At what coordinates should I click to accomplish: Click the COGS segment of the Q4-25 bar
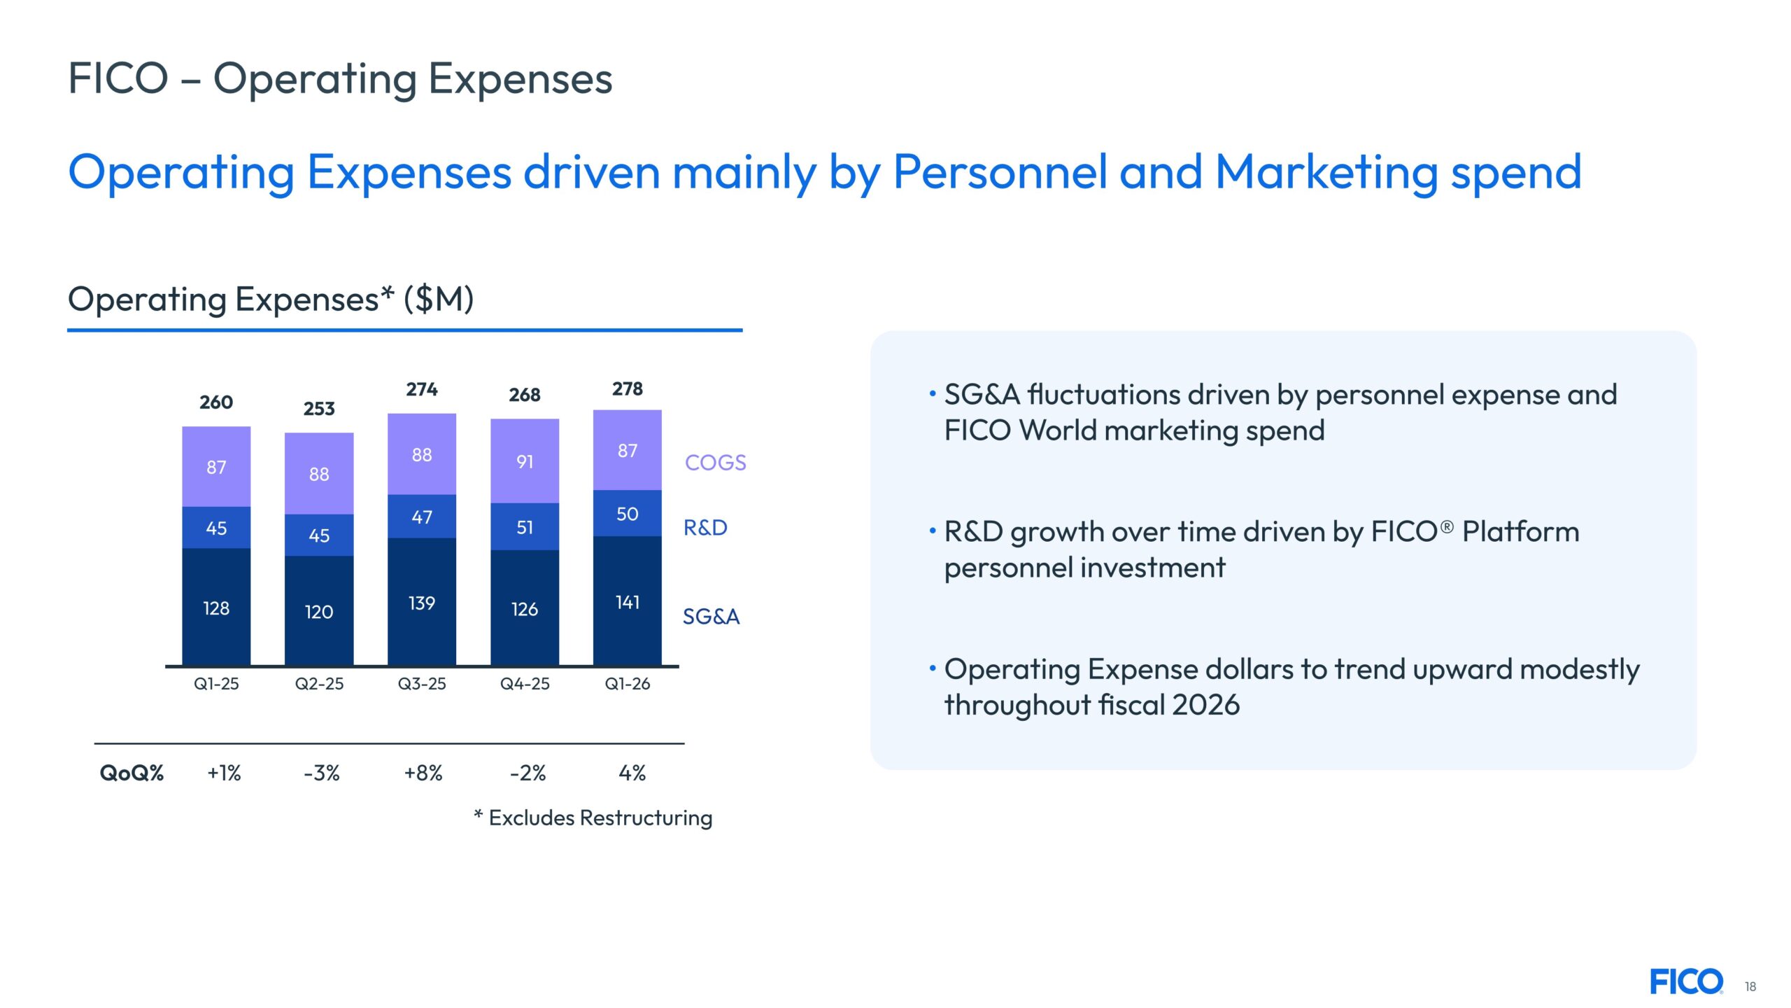525,461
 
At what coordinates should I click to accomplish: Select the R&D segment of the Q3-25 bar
422,517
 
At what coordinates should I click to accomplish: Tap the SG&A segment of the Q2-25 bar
319,610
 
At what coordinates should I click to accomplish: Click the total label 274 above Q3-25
422,389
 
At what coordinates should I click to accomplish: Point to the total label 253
319,409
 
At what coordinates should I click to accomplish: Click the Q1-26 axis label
628,684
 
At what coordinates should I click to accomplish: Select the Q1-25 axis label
216,684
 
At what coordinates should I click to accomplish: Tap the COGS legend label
716,463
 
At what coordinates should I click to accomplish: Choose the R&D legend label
705,528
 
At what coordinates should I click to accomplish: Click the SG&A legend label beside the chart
711,617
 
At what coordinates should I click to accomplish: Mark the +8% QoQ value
423,773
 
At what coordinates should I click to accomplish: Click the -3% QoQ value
322,773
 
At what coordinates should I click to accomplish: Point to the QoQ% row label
132,773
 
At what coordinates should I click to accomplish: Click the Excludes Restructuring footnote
593,818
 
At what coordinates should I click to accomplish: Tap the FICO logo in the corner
1687,982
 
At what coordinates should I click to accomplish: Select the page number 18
1750,987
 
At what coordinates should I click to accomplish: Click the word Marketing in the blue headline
1326,173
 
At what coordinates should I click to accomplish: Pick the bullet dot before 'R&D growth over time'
933,531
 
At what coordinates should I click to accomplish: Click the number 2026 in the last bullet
1205,705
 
